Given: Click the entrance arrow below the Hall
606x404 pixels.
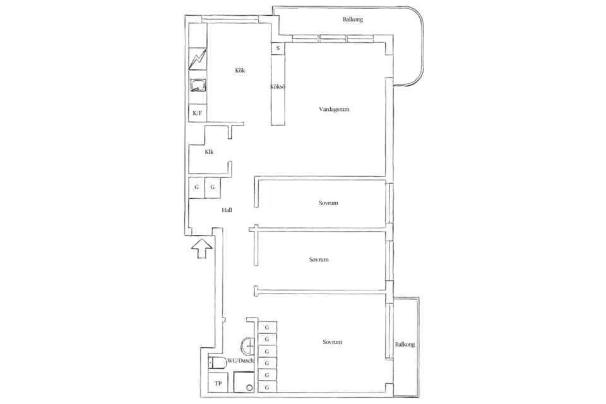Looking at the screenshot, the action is (202, 248).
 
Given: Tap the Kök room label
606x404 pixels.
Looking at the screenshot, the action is (240, 70).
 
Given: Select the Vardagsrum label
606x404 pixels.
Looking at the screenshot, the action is (334, 109).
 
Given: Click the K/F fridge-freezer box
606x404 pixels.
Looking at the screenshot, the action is (198, 113).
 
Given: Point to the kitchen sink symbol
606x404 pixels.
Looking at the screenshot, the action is (198, 85).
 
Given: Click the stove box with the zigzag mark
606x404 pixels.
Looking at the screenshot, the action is (198, 59).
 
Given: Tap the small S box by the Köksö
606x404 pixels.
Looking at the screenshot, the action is (278, 49).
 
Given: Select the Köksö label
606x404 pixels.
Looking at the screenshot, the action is (278, 87).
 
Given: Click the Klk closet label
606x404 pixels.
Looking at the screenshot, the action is (209, 152).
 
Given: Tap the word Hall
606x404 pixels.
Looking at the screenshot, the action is (227, 210).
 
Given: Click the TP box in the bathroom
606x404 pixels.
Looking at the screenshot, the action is (218, 383).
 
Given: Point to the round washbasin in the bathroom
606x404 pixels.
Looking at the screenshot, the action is (247, 347).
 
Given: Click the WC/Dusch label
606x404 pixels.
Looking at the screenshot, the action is (241, 360).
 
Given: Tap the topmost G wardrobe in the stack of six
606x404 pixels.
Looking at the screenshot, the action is (267, 328).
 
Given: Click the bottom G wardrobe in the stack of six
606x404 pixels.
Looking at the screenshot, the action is (267, 387).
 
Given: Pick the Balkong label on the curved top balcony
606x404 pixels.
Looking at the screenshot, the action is (353, 19).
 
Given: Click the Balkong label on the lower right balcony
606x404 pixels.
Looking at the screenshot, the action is (405, 344).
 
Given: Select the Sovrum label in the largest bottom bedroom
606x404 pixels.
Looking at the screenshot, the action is (333, 342).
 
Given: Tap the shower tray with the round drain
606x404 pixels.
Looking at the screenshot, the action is (244, 383).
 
